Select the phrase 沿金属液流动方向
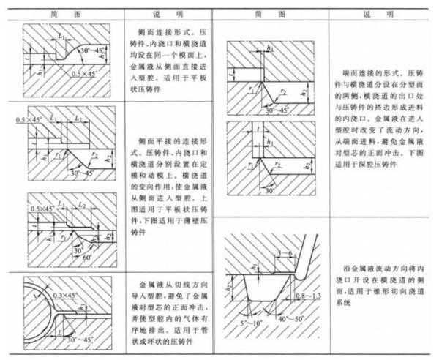pos(383,269)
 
